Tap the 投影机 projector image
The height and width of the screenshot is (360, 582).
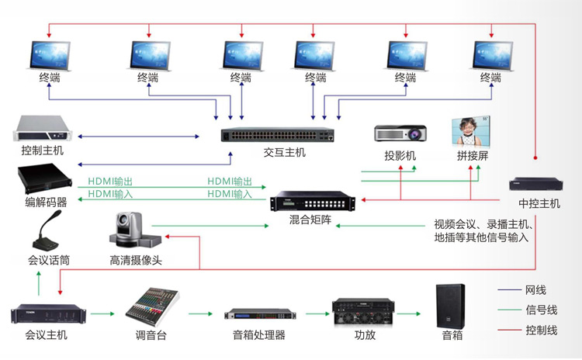[400, 133]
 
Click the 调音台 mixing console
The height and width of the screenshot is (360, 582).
[153, 305]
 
